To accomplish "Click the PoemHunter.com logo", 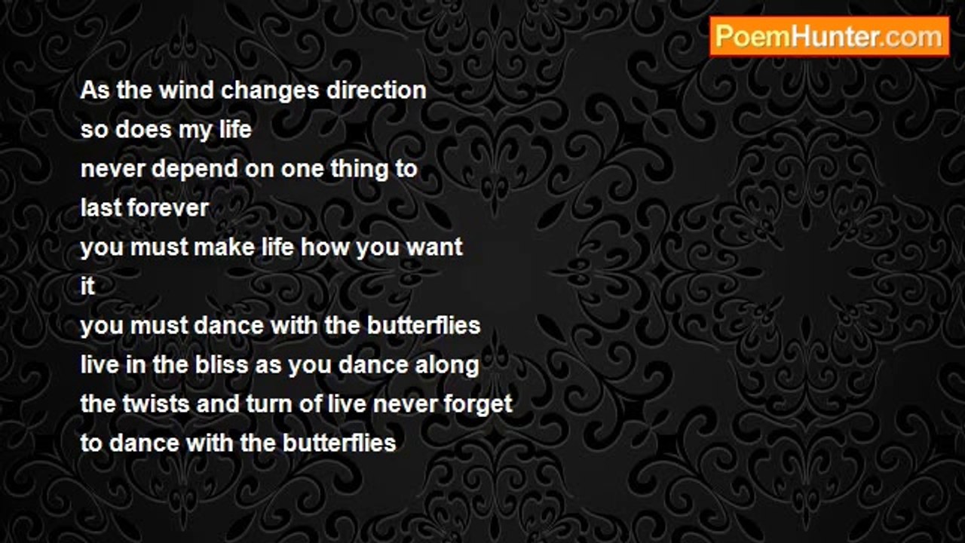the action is [829, 37].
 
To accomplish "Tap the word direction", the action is [376, 90].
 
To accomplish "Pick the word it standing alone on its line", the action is [87, 286].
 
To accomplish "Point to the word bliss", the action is [222, 364].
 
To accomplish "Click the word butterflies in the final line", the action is [339, 443].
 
